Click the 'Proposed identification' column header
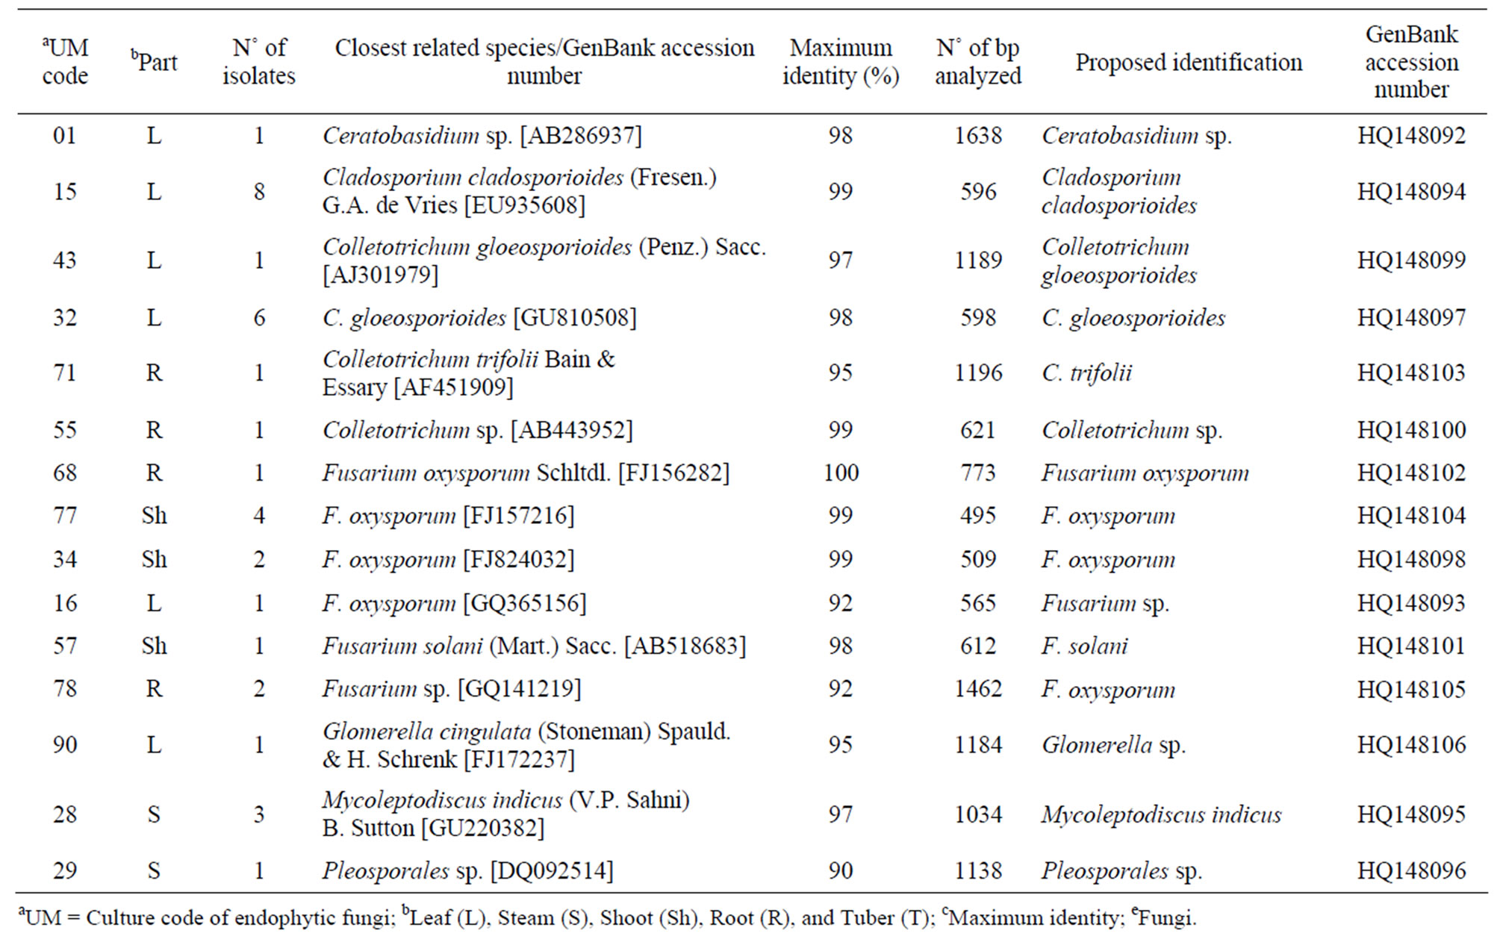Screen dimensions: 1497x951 click(1189, 63)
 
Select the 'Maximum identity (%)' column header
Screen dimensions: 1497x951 click(841, 62)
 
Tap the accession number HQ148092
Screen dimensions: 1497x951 click(1411, 135)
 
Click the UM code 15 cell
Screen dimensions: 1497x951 click(65, 192)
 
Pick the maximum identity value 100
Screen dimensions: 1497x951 click(841, 473)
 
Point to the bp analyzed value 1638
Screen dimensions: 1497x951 click(978, 135)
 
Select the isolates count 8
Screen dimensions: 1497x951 click(259, 192)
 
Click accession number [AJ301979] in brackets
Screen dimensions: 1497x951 click(381, 275)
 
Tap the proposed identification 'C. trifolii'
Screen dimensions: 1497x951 click(1086, 372)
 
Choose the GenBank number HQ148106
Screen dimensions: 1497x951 click(1411, 744)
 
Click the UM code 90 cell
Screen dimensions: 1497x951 click(65, 744)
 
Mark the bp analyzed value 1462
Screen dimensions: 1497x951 click(978, 688)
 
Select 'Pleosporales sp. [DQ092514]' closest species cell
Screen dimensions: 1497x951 click(467, 870)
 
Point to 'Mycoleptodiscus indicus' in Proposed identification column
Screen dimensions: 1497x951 click(1161, 814)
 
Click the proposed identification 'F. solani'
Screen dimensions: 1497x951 click(1084, 646)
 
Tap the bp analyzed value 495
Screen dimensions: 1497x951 click(978, 515)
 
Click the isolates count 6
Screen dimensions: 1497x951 click(259, 317)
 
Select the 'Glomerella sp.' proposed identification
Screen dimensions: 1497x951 click(1113, 745)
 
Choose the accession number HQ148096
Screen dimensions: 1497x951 click(1411, 870)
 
